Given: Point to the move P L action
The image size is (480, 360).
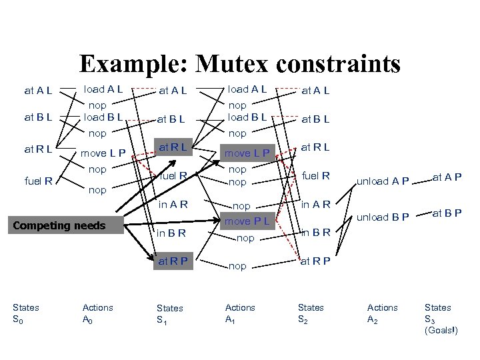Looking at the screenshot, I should [247, 220].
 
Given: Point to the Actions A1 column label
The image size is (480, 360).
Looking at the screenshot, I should [240, 313].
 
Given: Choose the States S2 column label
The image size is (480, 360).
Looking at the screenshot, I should [311, 313].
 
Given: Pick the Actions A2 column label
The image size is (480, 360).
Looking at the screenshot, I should [382, 313].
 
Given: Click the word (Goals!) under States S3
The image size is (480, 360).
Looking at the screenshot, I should [444, 330].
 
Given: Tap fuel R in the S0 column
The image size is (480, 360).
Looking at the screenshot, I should [39, 179].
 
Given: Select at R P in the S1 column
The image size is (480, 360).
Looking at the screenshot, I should [173, 261].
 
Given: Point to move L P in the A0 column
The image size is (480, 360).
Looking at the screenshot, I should [104, 155].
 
